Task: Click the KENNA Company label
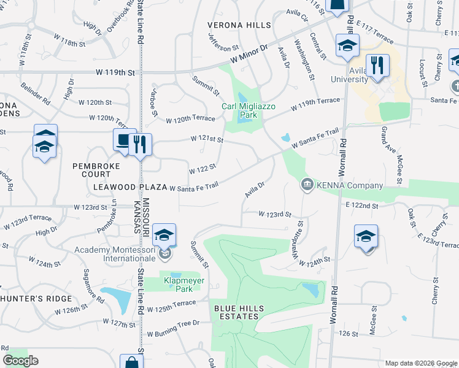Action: tap(349, 185)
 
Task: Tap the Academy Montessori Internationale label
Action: tap(115, 254)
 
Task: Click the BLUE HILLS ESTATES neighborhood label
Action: tap(236, 312)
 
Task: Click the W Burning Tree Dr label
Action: tap(173, 334)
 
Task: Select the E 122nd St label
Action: tap(361, 205)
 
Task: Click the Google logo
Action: tap(20, 361)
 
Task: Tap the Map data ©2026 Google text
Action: tap(420, 363)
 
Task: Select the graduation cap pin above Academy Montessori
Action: tap(164, 234)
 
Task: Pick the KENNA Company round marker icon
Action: tap(307, 184)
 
